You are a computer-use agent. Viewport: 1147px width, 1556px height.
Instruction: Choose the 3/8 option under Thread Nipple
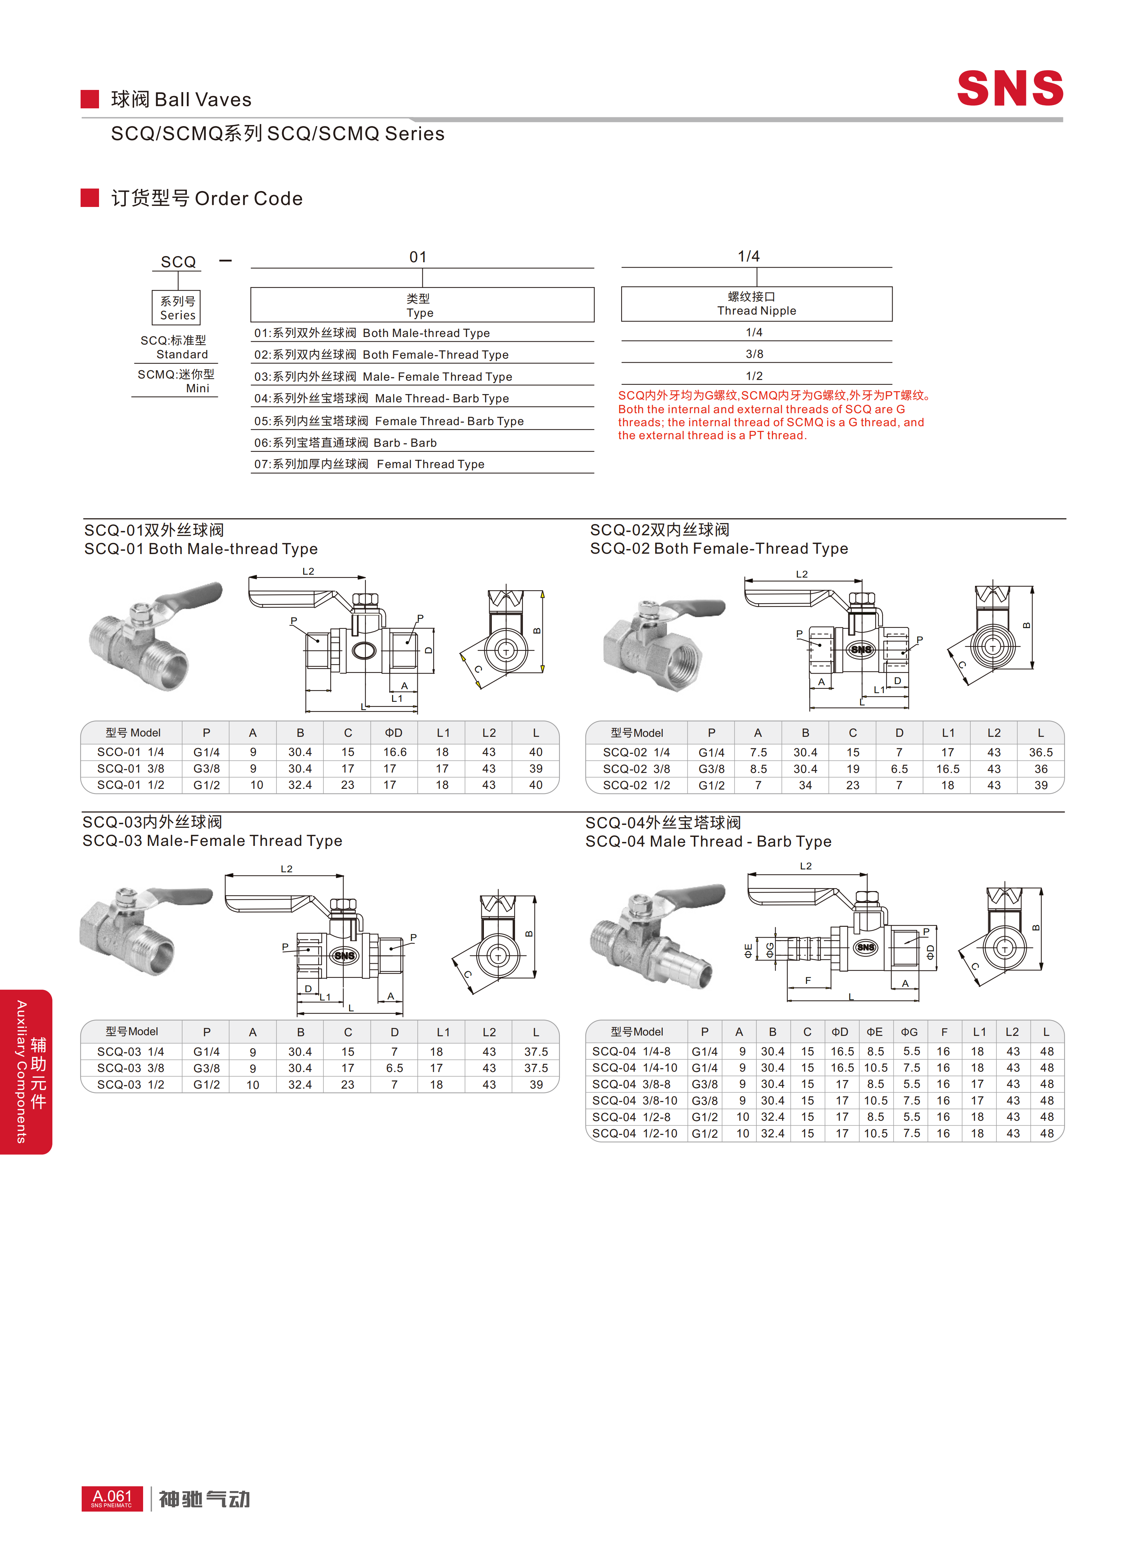[755, 354]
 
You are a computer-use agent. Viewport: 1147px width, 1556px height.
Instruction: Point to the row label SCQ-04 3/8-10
[635, 1100]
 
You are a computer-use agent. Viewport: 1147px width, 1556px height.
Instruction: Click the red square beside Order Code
[90, 198]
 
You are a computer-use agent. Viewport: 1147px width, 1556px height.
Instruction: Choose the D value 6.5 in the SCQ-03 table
[394, 1068]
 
